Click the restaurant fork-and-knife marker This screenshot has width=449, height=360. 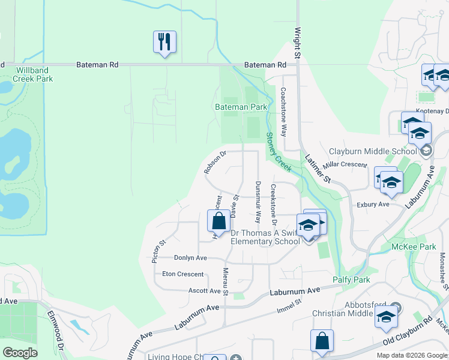coord(164,42)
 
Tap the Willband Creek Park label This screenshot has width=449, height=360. coord(34,74)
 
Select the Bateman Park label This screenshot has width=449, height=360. coord(241,107)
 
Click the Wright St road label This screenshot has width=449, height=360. coord(297,43)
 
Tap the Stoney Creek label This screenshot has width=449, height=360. coord(279,152)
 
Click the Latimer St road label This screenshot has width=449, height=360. coord(318,168)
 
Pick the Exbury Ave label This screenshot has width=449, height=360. coord(373,204)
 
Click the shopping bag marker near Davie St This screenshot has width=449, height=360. coord(218,221)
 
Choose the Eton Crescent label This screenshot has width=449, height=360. coord(183,274)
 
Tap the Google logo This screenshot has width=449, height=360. coord(20,353)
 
